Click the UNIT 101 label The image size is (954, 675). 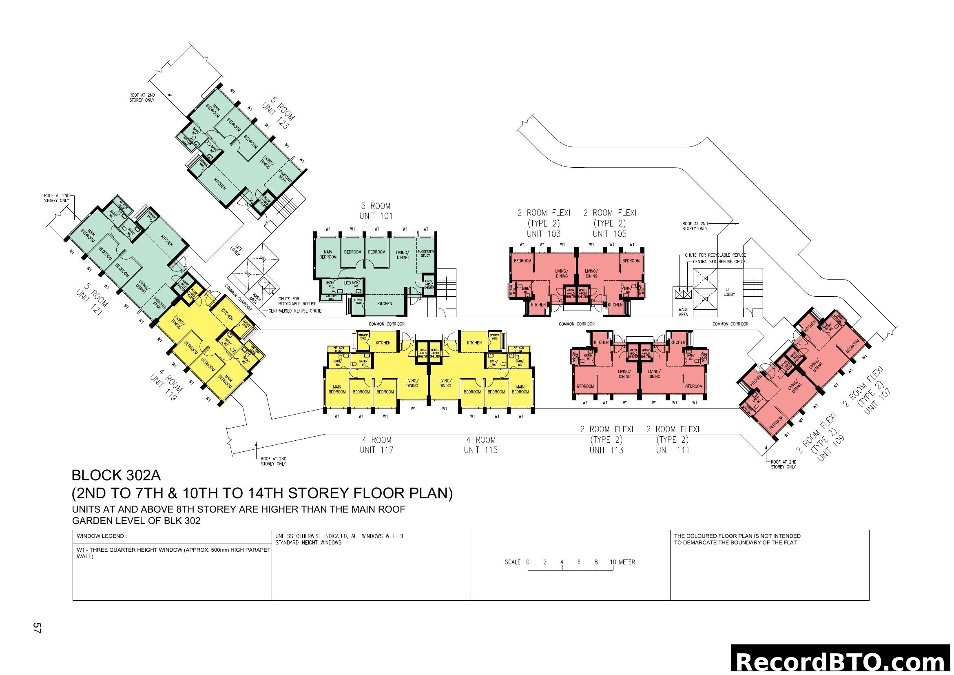click(x=376, y=216)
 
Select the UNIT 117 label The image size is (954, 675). click(x=376, y=450)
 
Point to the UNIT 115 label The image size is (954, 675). click(x=481, y=450)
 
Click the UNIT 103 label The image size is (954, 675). click(x=543, y=234)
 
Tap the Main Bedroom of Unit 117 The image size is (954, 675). click(x=337, y=389)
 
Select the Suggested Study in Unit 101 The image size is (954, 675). click(x=425, y=253)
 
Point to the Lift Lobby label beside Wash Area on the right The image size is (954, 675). click(x=729, y=292)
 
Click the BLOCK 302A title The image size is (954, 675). click(x=116, y=475)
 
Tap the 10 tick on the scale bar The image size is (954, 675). click(x=613, y=562)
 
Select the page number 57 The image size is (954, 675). click(x=37, y=628)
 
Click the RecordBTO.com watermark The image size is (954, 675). click(x=841, y=662)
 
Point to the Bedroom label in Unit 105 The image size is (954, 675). click(x=631, y=261)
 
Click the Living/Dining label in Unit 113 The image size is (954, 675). click(x=624, y=374)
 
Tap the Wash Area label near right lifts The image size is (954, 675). click(x=683, y=312)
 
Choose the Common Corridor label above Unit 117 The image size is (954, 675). click(x=386, y=324)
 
